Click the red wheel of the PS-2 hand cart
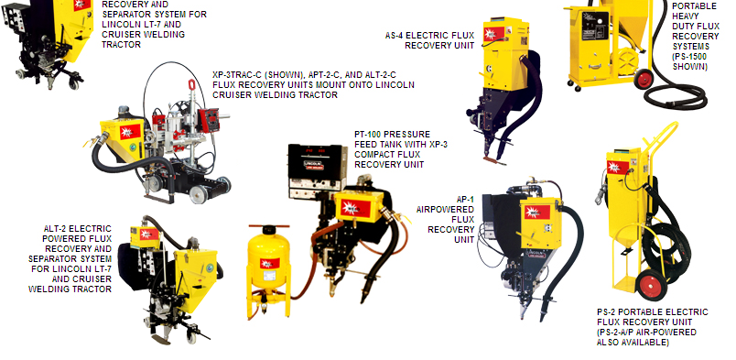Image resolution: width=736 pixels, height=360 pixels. [x=652, y=285]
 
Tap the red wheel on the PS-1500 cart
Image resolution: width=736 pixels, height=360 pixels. [x=644, y=79]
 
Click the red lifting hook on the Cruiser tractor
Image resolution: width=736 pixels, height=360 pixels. [x=191, y=85]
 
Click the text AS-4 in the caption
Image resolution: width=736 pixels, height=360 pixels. [x=394, y=35]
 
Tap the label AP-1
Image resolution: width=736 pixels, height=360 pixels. [x=465, y=200]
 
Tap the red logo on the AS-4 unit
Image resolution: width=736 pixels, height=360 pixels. [x=493, y=34]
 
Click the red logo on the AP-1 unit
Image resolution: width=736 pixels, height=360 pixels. [x=537, y=213]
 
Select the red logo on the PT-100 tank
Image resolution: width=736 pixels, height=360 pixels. [x=270, y=263]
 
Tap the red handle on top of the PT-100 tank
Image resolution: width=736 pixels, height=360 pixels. [x=269, y=226]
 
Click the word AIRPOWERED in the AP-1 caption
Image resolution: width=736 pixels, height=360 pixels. [x=445, y=209]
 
